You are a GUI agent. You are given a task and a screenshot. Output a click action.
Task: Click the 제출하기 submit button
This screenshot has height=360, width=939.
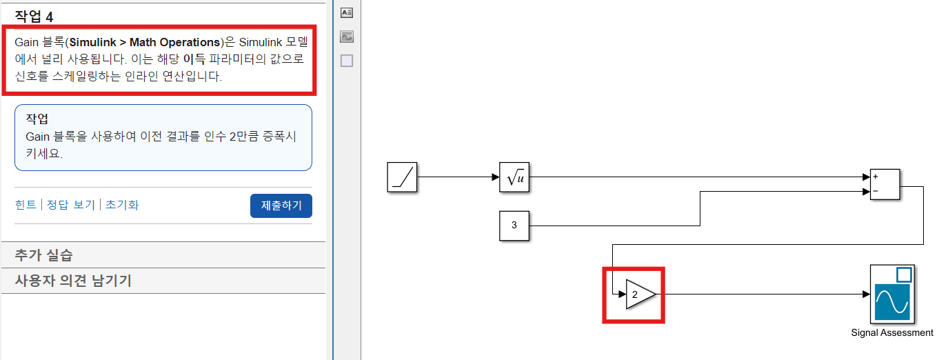tap(281, 206)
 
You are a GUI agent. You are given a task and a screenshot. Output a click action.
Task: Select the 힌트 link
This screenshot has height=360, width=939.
tap(26, 205)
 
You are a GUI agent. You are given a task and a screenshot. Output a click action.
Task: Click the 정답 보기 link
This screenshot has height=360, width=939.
tap(70, 205)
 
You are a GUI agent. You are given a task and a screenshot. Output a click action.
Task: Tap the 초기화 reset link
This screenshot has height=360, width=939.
tap(122, 205)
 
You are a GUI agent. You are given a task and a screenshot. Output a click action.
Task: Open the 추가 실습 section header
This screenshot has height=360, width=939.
tap(43, 255)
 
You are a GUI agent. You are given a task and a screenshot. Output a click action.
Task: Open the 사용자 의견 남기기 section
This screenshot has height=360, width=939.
tap(73, 281)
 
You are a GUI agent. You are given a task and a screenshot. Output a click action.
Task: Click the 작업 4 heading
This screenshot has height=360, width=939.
tap(34, 17)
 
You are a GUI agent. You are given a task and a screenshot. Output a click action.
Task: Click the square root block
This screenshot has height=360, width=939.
tap(514, 177)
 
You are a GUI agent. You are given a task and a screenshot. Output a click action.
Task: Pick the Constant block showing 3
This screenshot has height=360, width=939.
tap(514, 226)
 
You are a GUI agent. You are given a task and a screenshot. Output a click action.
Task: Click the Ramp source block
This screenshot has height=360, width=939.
tap(403, 177)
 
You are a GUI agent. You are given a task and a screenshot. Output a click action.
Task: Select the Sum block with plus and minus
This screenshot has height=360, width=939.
tap(885, 184)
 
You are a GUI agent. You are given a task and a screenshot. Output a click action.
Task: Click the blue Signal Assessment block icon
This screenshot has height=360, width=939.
tap(892, 294)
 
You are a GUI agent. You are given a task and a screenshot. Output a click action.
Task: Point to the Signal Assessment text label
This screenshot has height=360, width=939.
tap(892, 333)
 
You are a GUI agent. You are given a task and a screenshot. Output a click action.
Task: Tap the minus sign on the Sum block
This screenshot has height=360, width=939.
tap(876, 191)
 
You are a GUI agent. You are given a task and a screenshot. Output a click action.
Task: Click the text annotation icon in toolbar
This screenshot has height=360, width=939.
tap(347, 12)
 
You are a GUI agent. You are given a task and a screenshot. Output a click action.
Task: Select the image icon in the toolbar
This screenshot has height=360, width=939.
tap(347, 37)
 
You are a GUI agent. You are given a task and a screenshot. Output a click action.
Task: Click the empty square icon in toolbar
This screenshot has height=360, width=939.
tap(347, 61)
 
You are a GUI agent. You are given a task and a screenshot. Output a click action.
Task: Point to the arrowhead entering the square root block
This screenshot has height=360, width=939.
tap(496, 177)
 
